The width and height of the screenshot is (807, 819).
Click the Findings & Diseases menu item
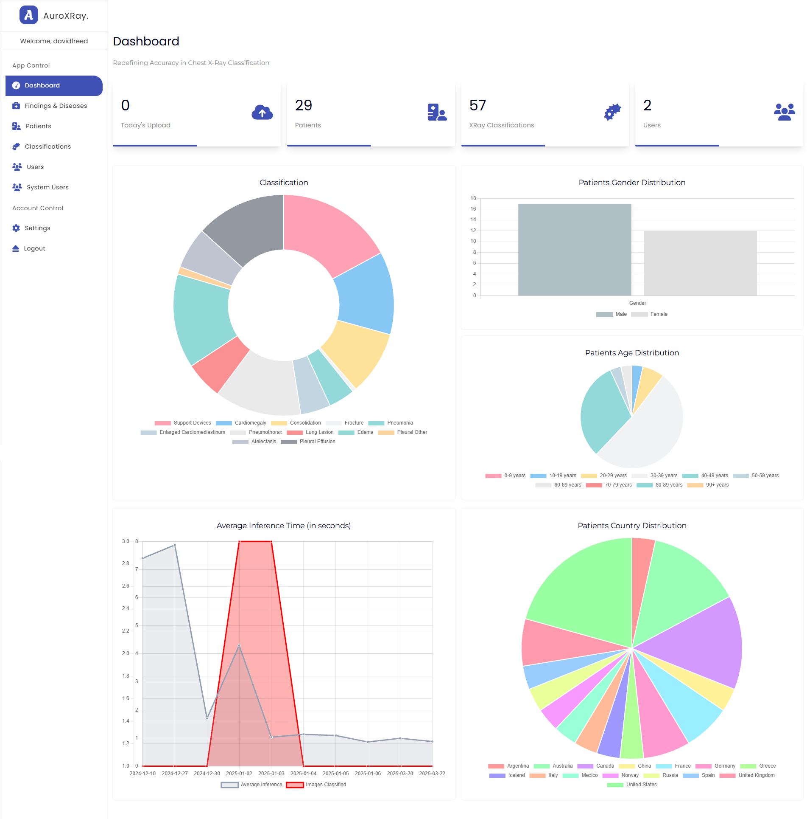tap(56, 106)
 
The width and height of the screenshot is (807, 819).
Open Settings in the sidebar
tap(37, 228)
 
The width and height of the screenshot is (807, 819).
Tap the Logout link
tap(34, 248)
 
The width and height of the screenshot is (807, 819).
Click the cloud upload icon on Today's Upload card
tap(262, 113)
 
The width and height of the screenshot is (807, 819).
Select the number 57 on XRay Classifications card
tap(477, 105)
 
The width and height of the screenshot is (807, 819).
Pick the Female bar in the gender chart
tap(700, 263)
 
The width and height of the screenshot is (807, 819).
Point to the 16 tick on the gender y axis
tap(473, 209)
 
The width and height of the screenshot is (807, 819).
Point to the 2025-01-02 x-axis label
tap(239, 774)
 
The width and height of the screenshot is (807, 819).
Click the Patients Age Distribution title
tap(631, 353)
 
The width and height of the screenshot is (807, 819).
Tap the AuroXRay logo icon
tap(28, 15)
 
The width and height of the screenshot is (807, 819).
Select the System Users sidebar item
tap(47, 187)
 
